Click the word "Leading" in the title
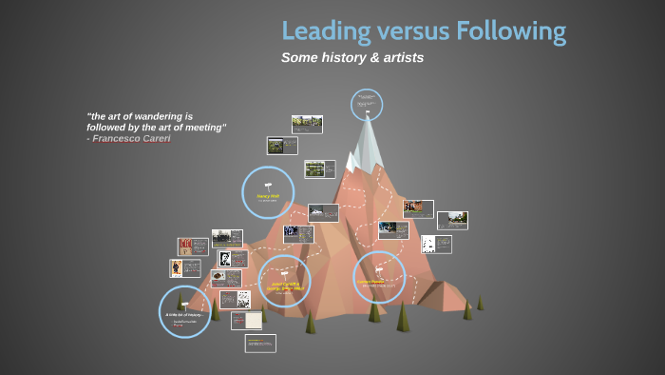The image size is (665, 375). [x=324, y=31]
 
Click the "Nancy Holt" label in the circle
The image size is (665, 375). [x=268, y=196]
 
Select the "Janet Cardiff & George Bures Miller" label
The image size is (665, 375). [x=284, y=285]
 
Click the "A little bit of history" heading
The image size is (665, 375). [x=184, y=314]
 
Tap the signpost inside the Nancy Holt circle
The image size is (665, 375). [x=268, y=184]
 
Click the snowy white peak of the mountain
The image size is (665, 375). [x=366, y=143]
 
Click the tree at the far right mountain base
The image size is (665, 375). [x=481, y=302]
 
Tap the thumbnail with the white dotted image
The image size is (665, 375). [x=436, y=245]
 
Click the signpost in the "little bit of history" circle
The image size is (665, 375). [x=183, y=303]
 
